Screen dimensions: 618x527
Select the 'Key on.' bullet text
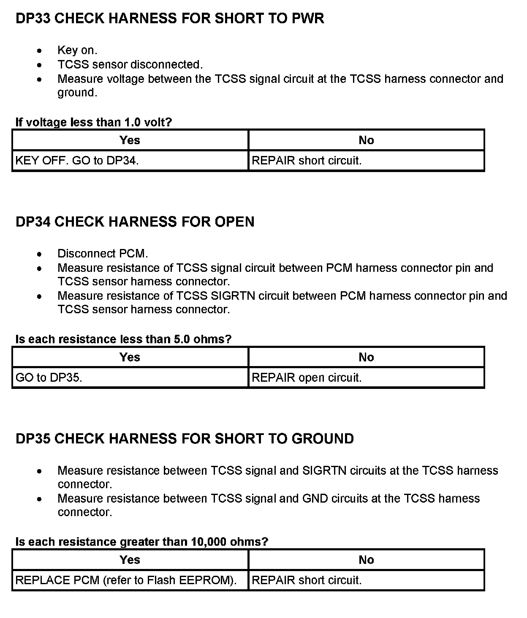point(77,50)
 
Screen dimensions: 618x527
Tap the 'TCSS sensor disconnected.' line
point(130,65)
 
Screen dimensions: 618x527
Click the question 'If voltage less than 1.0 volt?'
point(94,122)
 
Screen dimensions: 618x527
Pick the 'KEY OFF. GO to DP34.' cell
point(77,161)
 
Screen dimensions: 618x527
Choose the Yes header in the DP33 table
point(130,140)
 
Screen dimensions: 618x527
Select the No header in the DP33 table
point(366,140)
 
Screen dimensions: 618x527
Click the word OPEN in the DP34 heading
point(234,222)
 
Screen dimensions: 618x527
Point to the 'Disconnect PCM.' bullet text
point(103,254)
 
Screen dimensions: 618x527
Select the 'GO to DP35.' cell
point(49,377)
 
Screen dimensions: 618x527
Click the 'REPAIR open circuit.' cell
point(307,377)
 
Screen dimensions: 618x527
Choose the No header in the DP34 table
point(366,357)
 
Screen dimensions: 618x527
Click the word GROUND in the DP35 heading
point(323,439)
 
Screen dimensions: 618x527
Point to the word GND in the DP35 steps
point(315,498)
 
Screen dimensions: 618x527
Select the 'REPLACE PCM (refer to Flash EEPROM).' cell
point(125,580)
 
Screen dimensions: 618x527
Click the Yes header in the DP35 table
point(130,560)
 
